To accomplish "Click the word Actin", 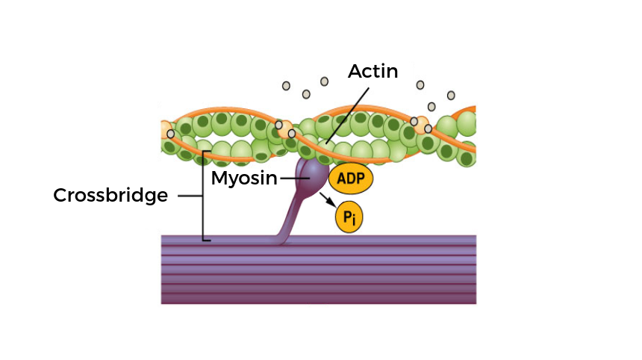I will point(373,71).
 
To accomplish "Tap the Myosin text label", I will point(243,178).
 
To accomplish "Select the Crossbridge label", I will point(110,196).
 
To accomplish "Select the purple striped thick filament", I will point(319,269).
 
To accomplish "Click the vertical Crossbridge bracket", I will point(204,196).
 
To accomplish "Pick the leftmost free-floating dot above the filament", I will point(286,86).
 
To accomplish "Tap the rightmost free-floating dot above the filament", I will point(451,95).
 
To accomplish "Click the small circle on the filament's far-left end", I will point(171,134).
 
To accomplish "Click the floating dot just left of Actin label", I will point(324,81).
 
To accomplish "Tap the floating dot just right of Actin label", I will point(420,84).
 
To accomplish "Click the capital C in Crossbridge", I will point(60,196).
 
